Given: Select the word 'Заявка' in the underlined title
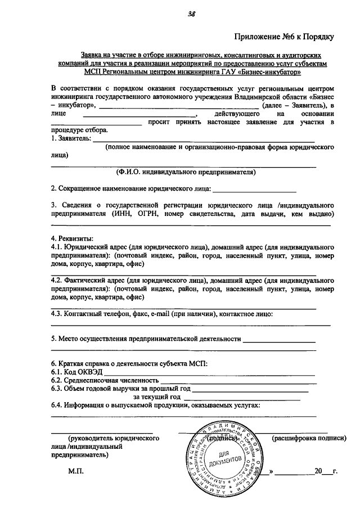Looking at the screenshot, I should [x=92, y=57].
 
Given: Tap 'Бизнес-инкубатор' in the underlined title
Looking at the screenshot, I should [x=274, y=72].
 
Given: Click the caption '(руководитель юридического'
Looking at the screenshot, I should [x=113, y=438].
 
